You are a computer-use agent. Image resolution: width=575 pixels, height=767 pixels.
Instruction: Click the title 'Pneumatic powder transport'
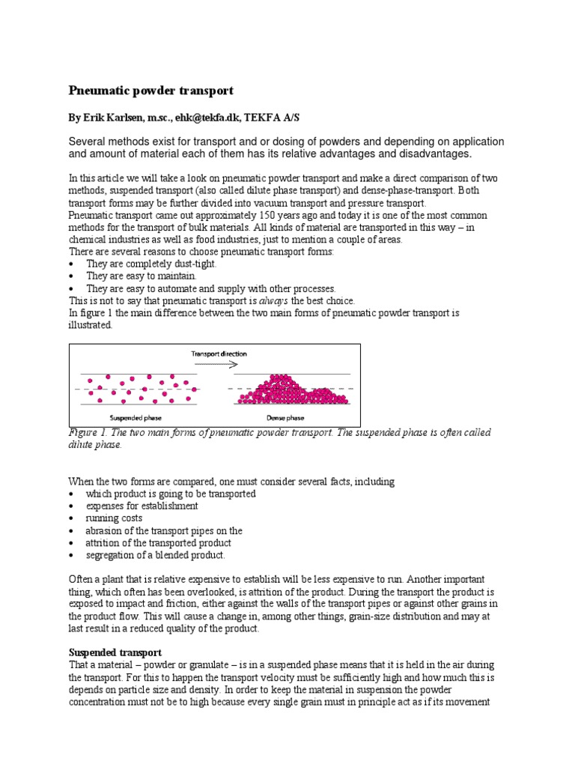151,91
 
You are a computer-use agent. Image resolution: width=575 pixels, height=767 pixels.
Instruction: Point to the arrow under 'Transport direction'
216,363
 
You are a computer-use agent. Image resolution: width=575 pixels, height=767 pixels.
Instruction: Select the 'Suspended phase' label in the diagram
134,418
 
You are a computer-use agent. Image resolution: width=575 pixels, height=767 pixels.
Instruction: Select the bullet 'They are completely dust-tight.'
151,264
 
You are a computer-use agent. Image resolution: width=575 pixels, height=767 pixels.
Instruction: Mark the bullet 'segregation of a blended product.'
155,555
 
